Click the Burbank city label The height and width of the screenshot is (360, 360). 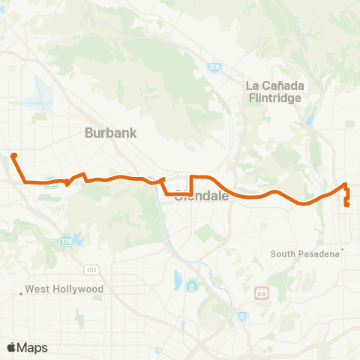click(111, 133)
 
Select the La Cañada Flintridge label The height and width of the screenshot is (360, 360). click(274, 91)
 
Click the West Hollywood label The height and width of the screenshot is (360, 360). click(64, 289)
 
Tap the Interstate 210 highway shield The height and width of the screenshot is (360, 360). click(214, 67)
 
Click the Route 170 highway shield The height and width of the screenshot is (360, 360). click(65, 241)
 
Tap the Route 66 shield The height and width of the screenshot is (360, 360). click(261, 291)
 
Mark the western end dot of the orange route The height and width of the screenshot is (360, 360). click(13, 156)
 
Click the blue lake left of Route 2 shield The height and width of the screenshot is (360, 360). click(177, 280)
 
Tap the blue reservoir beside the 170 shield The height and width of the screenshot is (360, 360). click(77, 241)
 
